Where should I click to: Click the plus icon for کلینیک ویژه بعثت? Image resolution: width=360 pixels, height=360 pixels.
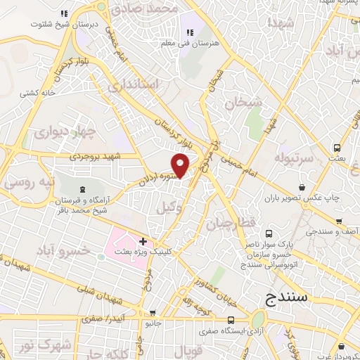click(x=144, y=240)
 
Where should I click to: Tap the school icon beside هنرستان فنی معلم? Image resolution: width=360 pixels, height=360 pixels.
click(x=189, y=32)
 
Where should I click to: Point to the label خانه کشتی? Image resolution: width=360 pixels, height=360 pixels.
click(x=37, y=92)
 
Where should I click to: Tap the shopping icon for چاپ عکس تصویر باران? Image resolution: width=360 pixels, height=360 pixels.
click(x=302, y=187)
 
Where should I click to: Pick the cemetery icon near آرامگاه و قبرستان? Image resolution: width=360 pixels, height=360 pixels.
click(x=84, y=189)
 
